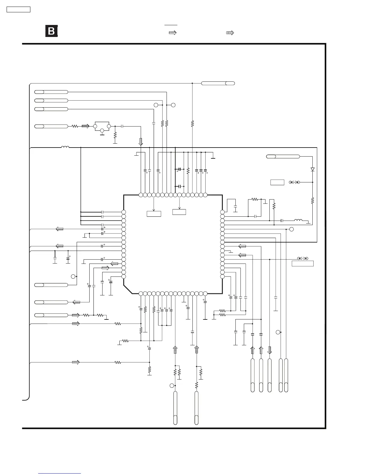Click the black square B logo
pos(51,31)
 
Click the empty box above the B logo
pos(18,9)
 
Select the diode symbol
pos(313,169)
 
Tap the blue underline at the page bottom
pos(60,474)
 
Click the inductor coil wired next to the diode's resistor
pos(298,220)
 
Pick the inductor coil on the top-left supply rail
pos(65,147)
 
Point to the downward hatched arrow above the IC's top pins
pos(141,142)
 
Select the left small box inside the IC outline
pos(154,214)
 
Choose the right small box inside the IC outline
pos(179,212)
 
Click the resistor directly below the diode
pos(313,200)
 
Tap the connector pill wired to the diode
pos(283,156)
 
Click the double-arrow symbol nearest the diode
pos(294,182)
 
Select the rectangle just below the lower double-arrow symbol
pos(303,263)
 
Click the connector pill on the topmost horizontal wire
pos(218,83)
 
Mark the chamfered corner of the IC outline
pos(128,289)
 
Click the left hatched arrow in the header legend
pos(173,33)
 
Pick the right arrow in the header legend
pos(230,33)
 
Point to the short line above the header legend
pos(171,25)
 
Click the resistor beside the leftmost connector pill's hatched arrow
pos(75,126)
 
